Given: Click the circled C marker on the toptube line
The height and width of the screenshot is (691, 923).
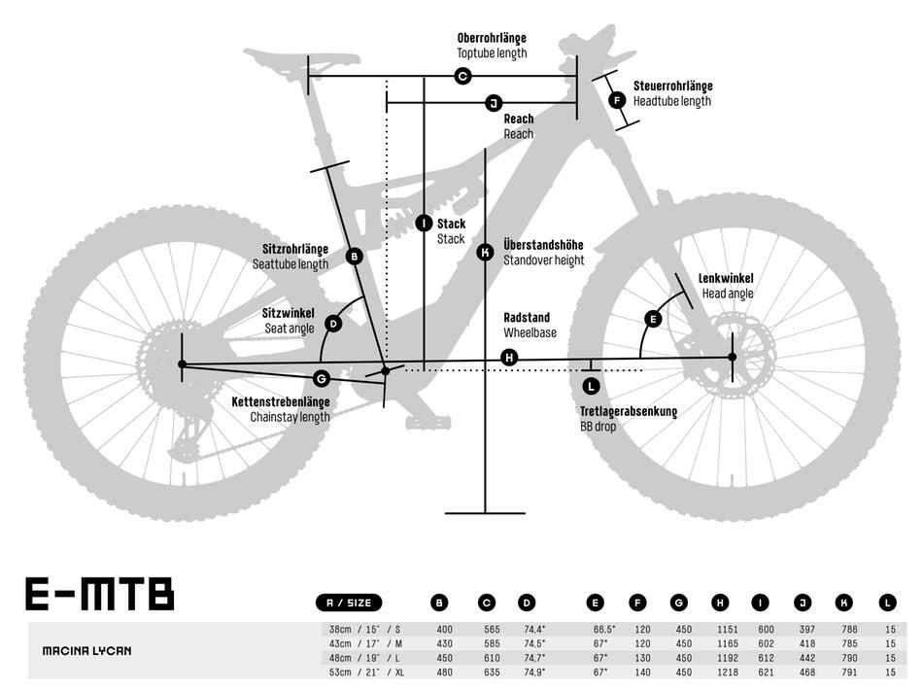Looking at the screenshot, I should [x=462, y=76].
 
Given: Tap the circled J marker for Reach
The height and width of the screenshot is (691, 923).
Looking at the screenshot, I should [x=493, y=103].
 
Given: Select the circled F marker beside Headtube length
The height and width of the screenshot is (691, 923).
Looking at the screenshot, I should [x=617, y=99].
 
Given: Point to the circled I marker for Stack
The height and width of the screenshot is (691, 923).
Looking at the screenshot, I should [x=424, y=224].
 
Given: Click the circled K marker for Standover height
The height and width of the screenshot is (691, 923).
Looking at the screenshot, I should [x=486, y=253].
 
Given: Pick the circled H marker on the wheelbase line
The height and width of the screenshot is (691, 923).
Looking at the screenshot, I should [x=509, y=358].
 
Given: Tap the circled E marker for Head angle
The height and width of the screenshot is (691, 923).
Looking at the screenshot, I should [x=653, y=319].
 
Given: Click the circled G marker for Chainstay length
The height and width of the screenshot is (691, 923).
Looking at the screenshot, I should [x=323, y=378].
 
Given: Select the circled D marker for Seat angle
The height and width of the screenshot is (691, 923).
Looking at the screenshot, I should [x=333, y=324].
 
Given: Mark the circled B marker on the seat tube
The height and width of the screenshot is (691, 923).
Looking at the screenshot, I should [x=354, y=257].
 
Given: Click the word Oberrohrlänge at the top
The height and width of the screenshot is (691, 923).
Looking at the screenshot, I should [x=492, y=38].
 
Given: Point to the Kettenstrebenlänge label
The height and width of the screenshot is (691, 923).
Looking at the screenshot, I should [x=280, y=401].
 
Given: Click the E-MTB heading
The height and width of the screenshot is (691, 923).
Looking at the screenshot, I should [x=99, y=594].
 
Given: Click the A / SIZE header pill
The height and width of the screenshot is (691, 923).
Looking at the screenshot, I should [x=350, y=603].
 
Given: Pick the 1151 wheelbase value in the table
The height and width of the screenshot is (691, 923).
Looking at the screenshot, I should [x=720, y=629].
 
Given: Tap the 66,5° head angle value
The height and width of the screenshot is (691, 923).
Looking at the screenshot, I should [x=602, y=629].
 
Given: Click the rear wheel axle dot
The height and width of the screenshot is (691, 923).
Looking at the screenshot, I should [x=182, y=364].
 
